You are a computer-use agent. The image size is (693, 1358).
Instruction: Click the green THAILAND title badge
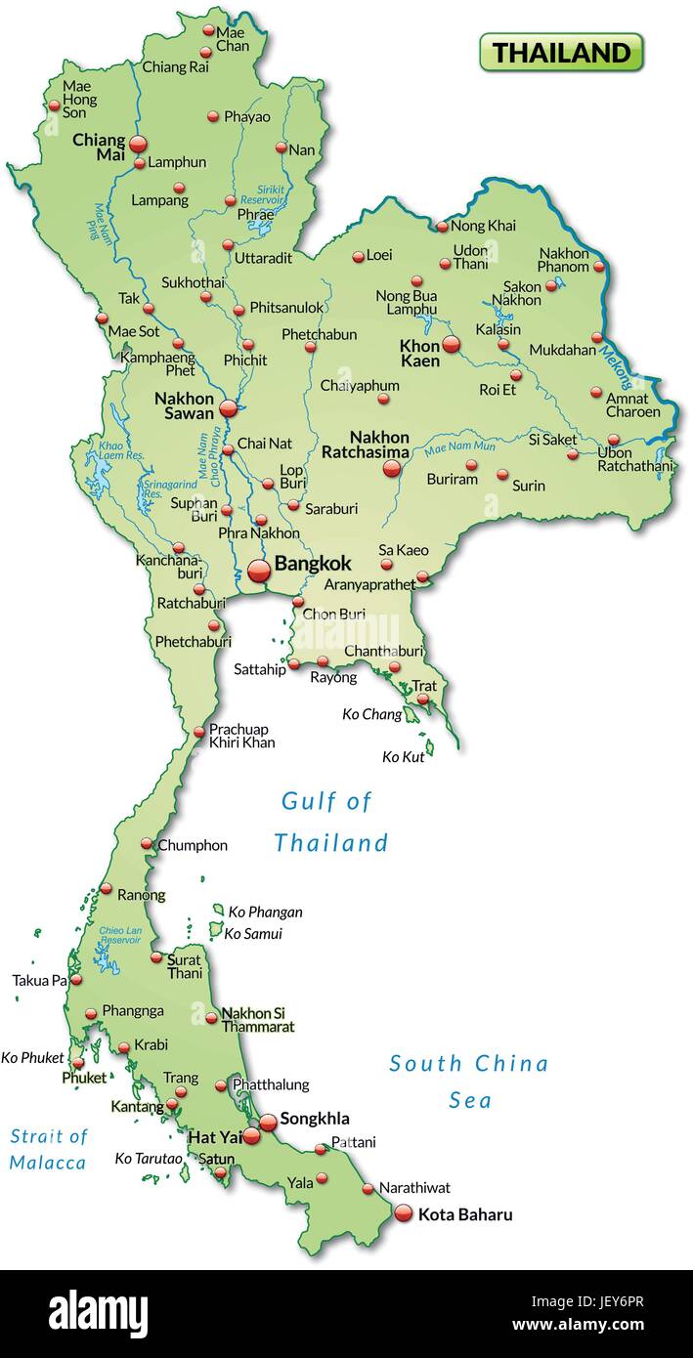[561, 52]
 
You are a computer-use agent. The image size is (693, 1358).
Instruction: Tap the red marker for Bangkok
[259, 571]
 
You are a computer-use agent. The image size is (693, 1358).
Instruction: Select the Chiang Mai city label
[99, 147]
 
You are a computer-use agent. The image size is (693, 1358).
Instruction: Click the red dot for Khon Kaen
[451, 344]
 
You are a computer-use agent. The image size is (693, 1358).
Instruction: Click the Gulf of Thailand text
[329, 822]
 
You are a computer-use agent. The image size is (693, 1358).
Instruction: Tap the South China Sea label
[469, 1082]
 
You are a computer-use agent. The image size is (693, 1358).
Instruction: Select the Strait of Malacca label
[48, 1149]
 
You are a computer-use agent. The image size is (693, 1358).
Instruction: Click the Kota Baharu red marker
[404, 1213]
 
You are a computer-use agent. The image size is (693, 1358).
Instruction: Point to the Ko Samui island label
[253, 933]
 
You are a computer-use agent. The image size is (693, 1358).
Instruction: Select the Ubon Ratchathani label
[635, 459]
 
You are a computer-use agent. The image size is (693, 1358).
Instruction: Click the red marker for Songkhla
[268, 1123]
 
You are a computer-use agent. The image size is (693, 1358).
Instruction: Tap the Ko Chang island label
[371, 714]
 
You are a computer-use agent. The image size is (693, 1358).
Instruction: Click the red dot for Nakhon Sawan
[228, 408]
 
